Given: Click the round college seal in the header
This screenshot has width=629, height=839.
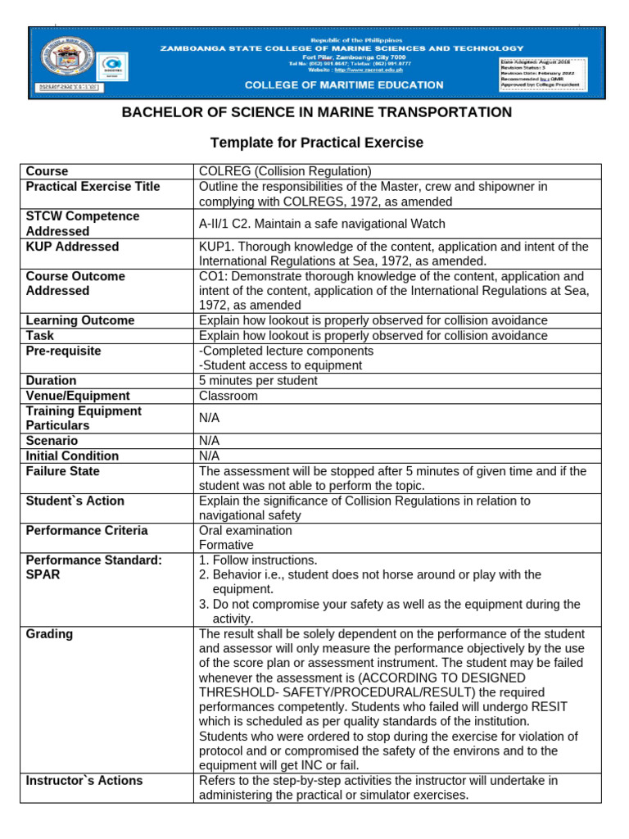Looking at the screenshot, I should click(x=66, y=58).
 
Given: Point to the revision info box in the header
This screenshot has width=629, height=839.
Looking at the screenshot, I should click(x=548, y=73).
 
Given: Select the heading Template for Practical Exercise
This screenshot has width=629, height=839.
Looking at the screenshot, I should click(x=317, y=143).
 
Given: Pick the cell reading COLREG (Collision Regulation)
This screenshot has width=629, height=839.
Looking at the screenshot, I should click(x=285, y=171).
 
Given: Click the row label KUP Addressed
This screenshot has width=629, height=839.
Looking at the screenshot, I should click(x=72, y=247).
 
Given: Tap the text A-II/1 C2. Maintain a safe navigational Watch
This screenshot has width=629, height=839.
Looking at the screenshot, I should click(x=322, y=224).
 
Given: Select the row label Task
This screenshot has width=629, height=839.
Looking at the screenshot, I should click(x=41, y=336).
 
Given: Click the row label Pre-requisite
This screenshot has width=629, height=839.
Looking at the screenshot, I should click(x=64, y=351).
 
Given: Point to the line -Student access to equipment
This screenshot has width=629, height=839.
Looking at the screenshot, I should click(x=275, y=365).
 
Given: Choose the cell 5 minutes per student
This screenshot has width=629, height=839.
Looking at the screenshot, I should click(x=258, y=381).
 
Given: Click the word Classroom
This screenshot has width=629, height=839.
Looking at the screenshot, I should click(x=229, y=396).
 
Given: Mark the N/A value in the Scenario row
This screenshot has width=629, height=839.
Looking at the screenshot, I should click(x=210, y=441).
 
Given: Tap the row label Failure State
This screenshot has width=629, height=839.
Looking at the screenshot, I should click(x=63, y=471).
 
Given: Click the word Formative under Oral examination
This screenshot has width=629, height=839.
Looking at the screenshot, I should click(x=226, y=545).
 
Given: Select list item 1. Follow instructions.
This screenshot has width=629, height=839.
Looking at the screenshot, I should click(x=258, y=560).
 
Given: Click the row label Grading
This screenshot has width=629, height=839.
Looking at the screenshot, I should click(x=49, y=634).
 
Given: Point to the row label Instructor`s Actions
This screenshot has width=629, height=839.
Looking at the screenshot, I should click(x=84, y=781).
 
